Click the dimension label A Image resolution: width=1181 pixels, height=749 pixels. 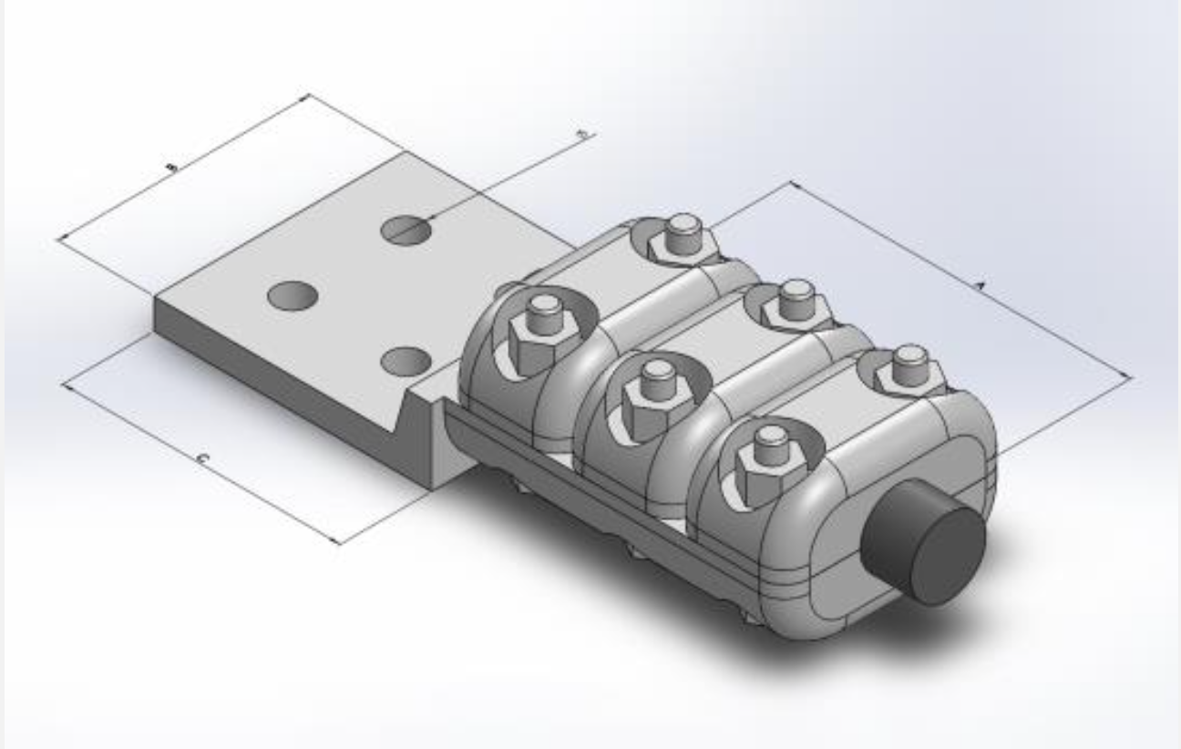point(981,287)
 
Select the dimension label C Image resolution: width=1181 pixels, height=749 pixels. point(203,460)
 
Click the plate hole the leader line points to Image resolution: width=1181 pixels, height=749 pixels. point(406,231)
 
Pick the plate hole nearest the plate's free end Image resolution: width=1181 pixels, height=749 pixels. point(293,295)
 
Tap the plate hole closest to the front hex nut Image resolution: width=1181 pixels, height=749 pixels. point(406,362)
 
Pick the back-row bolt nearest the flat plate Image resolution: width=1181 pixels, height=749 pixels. point(682,239)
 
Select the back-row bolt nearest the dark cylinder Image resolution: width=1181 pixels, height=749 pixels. point(909,369)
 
